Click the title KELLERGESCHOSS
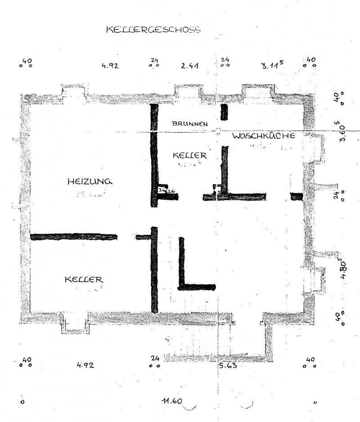pyautogui.click(x=153, y=30)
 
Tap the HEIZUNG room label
pyautogui.click(x=89, y=182)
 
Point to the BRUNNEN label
pyautogui.click(x=189, y=123)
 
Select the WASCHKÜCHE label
pyautogui.click(x=263, y=135)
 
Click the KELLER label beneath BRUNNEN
pyautogui.click(x=189, y=155)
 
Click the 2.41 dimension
pyautogui.click(x=190, y=66)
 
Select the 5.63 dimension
pyautogui.click(x=228, y=365)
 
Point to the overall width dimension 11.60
pyautogui.click(x=173, y=400)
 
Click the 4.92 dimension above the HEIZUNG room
pyautogui.click(x=109, y=66)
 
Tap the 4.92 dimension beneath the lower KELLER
pyautogui.click(x=85, y=365)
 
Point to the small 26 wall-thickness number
pyautogui.click(x=171, y=191)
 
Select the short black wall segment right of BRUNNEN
pyautogui.click(x=224, y=112)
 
